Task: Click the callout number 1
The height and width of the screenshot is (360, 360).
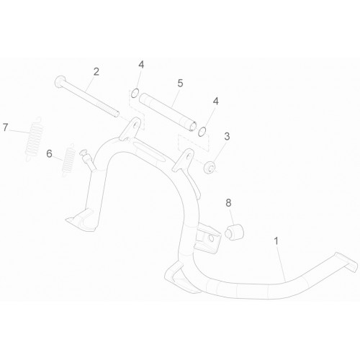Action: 276,241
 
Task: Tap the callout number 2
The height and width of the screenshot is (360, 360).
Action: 96,72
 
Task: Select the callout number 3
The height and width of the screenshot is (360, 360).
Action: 227,136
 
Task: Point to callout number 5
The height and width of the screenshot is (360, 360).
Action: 180,84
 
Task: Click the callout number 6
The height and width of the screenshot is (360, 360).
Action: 49,153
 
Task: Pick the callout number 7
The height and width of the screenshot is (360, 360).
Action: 6,127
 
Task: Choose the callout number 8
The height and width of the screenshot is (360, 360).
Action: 228,203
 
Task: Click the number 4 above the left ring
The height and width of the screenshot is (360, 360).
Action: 141,65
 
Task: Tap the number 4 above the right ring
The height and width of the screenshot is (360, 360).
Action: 216,102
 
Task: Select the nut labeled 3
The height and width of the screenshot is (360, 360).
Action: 210,167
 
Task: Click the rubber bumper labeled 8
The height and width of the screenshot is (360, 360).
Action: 234,232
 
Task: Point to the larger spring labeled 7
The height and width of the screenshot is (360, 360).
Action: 35,139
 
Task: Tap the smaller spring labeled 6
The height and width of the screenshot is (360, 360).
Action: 68,160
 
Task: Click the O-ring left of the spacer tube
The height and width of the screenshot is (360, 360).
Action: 135,93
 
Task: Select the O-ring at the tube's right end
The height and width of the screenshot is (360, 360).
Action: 202,132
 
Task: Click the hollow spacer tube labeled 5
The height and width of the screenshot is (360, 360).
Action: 168,112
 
